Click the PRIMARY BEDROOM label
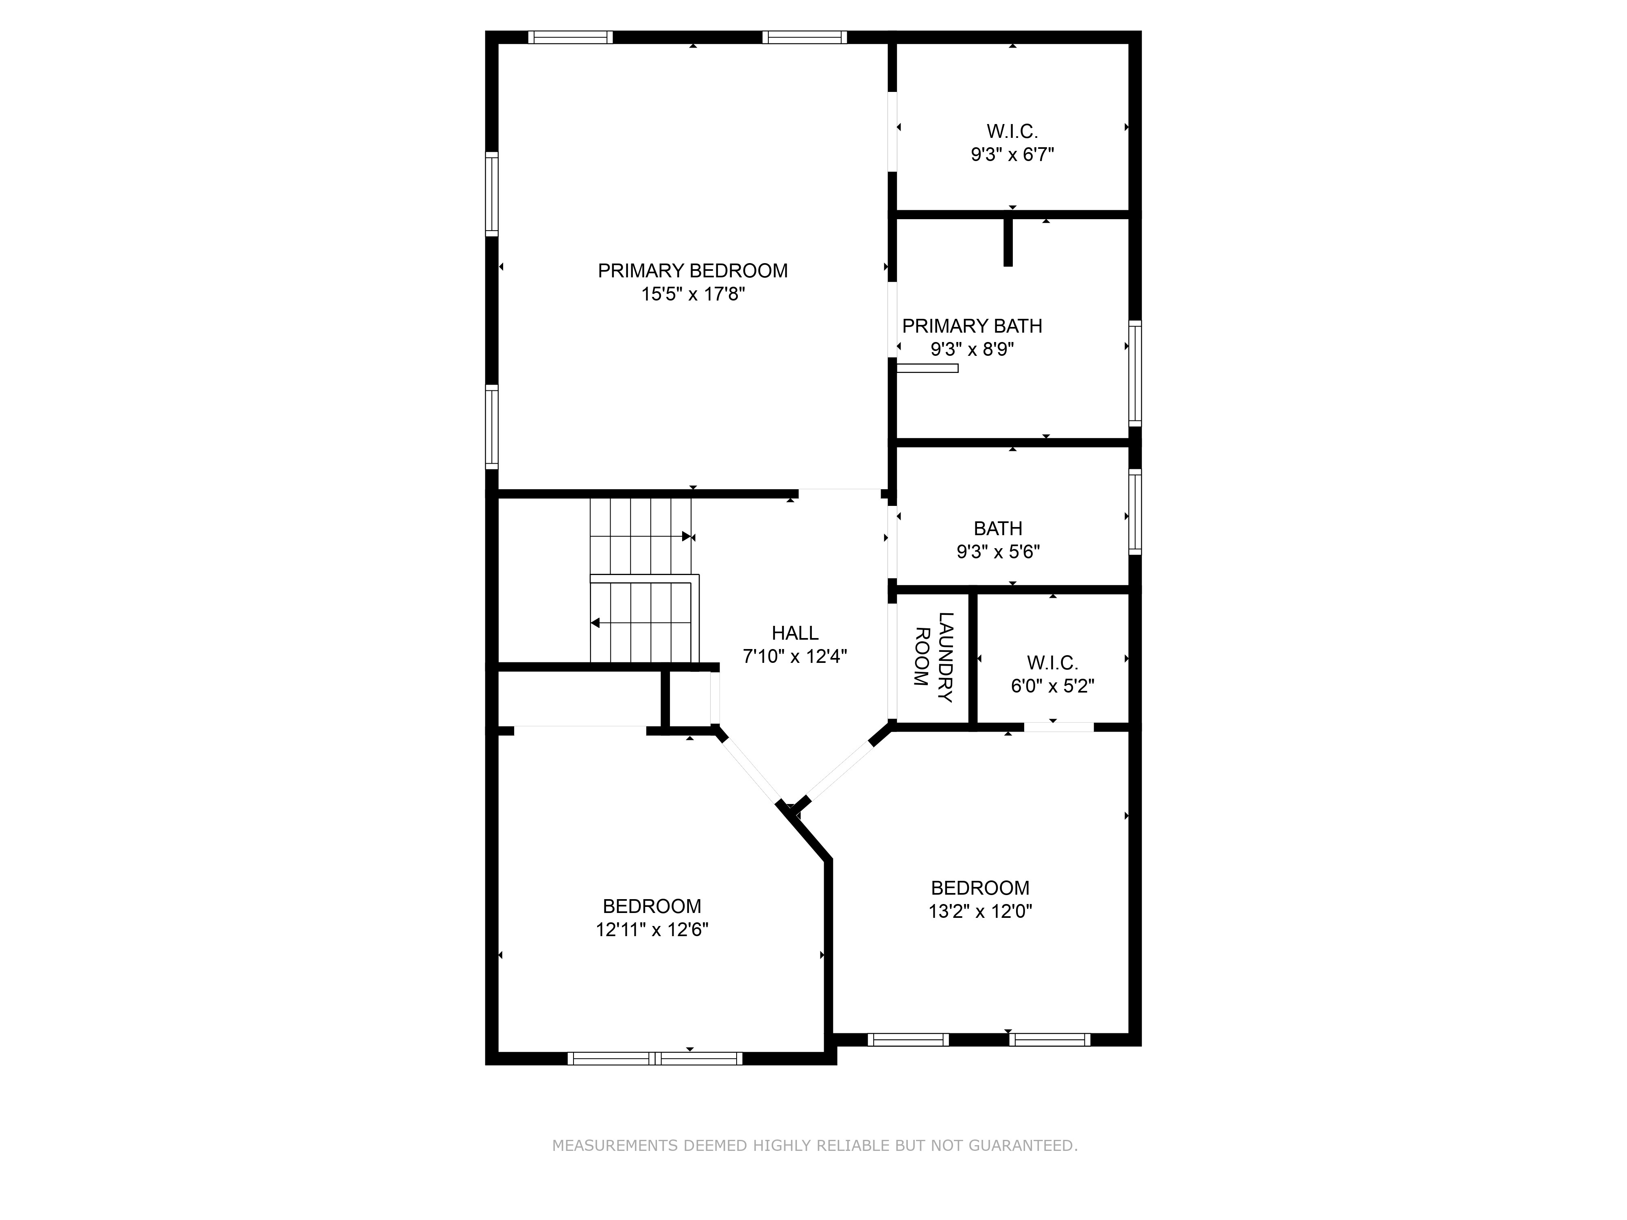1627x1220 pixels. [692, 270]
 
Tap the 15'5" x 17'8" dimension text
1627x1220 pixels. [693, 294]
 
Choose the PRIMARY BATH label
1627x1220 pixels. [972, 326]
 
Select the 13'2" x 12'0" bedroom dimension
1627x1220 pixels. [980, 911]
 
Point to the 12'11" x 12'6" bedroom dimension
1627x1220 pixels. [652, 930]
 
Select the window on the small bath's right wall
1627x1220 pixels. [1135, 511]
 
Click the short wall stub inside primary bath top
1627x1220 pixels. [1008, 241]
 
